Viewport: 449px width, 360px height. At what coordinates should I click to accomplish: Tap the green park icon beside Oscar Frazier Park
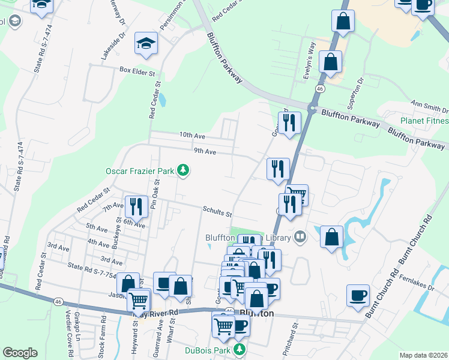(x=183, y=172)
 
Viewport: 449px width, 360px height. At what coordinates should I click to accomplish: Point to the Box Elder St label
(x=137, y=70)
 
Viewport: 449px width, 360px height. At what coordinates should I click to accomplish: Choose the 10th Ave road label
(x=192, y=136)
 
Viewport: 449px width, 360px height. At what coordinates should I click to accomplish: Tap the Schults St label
(x=217, y=212)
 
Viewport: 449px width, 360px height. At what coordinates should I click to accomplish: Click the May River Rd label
(x=157, y=313)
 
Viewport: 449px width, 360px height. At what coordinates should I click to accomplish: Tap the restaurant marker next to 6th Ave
(x=136, y=207)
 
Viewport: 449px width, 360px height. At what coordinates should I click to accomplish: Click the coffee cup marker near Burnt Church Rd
(x=358, y=295)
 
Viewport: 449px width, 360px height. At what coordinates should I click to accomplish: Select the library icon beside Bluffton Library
(x=301, y=238)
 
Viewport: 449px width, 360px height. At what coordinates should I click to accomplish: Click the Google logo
(x=20, y=353)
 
